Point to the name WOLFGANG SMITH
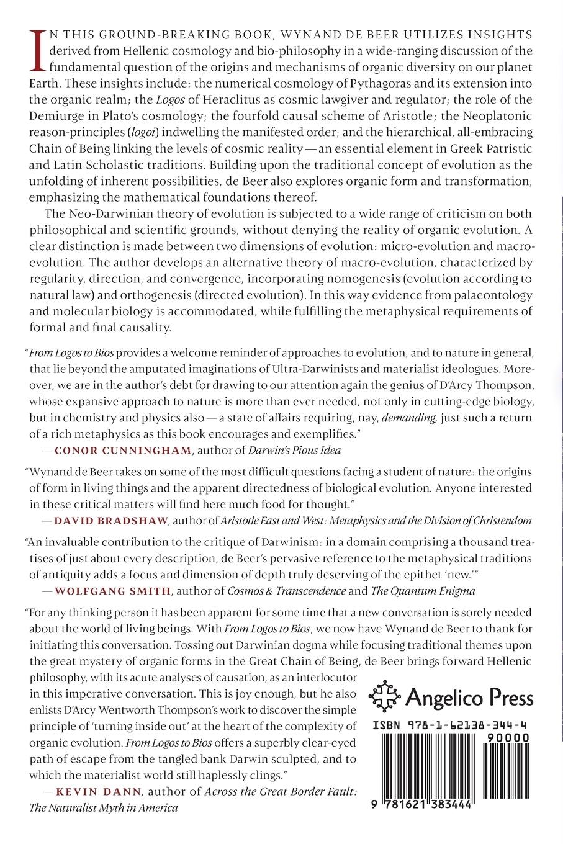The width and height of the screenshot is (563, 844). [112, 591]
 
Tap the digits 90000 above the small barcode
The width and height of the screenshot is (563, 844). [508, 737]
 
